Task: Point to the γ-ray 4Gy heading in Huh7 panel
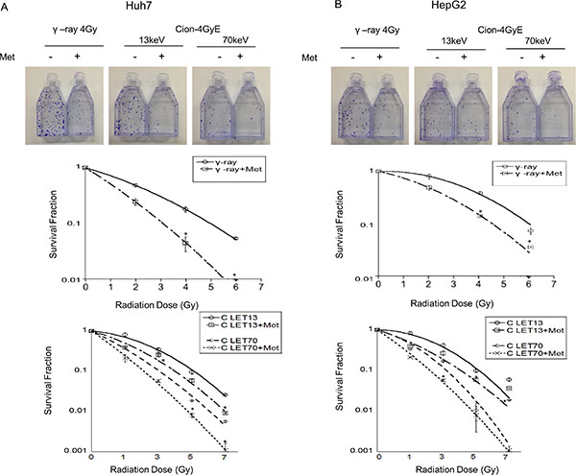tap(60, 31)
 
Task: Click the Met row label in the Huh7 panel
tap(13, 58)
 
